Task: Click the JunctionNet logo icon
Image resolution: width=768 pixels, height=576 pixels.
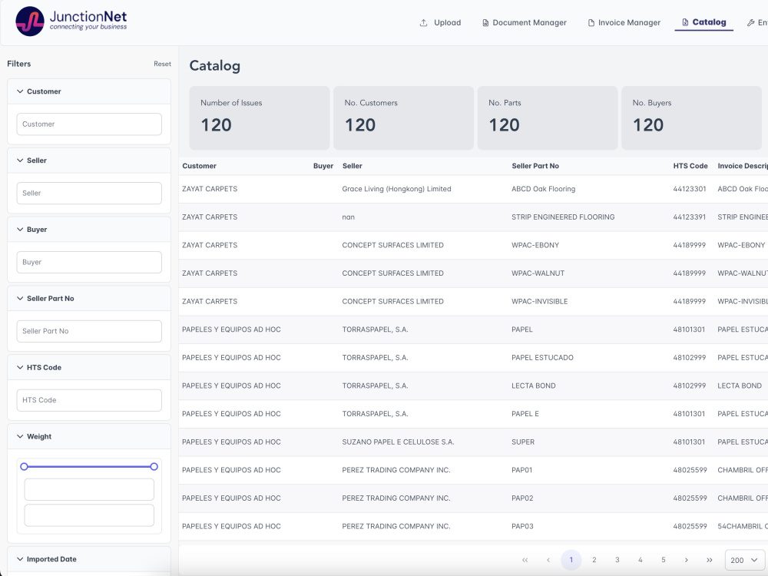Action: (x=30, y=22)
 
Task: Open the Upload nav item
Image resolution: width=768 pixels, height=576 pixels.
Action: (x=440, y=23)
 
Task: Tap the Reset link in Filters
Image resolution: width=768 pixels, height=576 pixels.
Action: (x=162, y=65)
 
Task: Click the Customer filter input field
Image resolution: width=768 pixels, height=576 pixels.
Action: (x=89, y=124)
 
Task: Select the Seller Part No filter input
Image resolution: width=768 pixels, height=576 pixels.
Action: (x=89, y=332)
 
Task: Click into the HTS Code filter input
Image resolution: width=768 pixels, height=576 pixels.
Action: (x=89, y=401)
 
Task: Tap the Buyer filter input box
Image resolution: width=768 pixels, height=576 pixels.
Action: (x=89, y=263)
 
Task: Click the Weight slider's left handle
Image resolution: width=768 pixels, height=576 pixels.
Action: (x=24, y=467)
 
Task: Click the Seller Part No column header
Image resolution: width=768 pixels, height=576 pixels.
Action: (x=535, y=166)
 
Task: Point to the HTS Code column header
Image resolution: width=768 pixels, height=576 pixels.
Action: (x=690, y=166)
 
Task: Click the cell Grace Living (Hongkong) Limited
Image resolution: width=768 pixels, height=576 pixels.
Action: (x=396, y=189)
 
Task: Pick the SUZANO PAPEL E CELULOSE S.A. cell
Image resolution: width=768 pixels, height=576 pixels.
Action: (x=398, y=442)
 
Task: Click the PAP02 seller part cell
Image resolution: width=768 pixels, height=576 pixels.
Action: (x=522, y=498)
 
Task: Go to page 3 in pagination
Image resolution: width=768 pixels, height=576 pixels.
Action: (x=617, y=561)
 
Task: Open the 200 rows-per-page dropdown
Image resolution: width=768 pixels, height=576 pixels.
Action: (x=744, y=561)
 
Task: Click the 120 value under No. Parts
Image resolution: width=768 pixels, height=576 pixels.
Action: (x=505, y=125)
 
